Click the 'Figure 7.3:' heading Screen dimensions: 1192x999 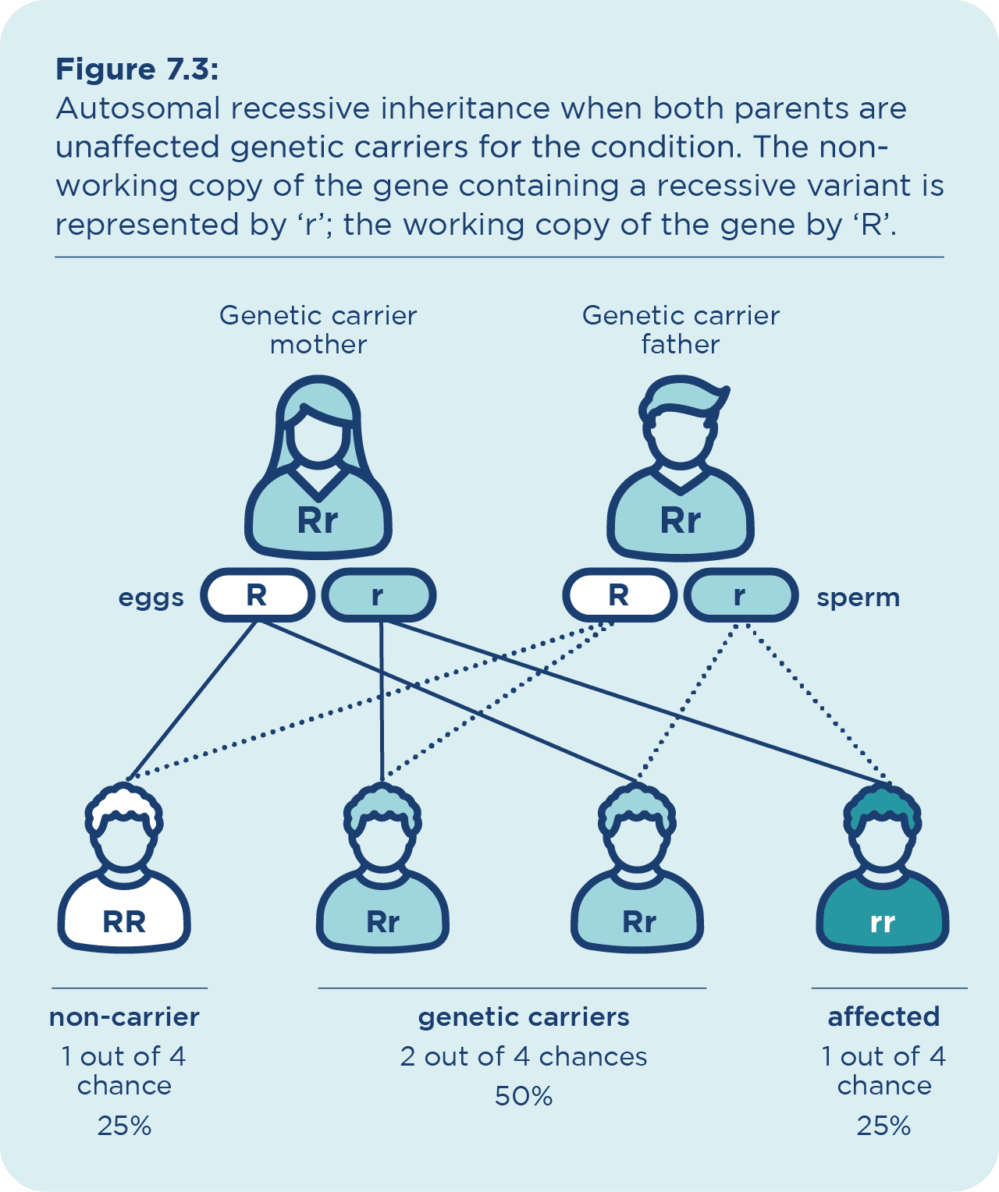[x=137, y=70]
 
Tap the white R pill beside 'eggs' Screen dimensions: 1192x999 [x=257, y=595]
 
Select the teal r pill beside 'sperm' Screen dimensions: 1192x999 [x=740, y=595]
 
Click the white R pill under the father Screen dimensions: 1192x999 [x=619, y=595]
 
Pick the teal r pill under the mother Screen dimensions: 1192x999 [x=379, y=595]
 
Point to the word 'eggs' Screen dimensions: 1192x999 [x=151, y=598]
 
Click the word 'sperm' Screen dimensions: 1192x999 [x=858, y=598]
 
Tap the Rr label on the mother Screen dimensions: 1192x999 [x=318, y=521]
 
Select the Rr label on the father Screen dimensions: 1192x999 [x=681, y=521]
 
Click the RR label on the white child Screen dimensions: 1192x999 [x=124, y=922]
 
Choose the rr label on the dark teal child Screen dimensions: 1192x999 [x=882, y=922]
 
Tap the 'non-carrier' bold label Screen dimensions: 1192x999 [x=124, y=1017]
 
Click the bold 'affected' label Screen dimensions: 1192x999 [x=883, y=1017]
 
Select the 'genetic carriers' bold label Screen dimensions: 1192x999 [x=524, y=1017]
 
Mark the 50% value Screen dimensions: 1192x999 [x=524, y=1097]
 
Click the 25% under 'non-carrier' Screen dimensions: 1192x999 [x=124, y=1126]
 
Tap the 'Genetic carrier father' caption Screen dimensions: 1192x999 [x=681, y=329]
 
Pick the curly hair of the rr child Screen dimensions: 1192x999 [x=883, y=804]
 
